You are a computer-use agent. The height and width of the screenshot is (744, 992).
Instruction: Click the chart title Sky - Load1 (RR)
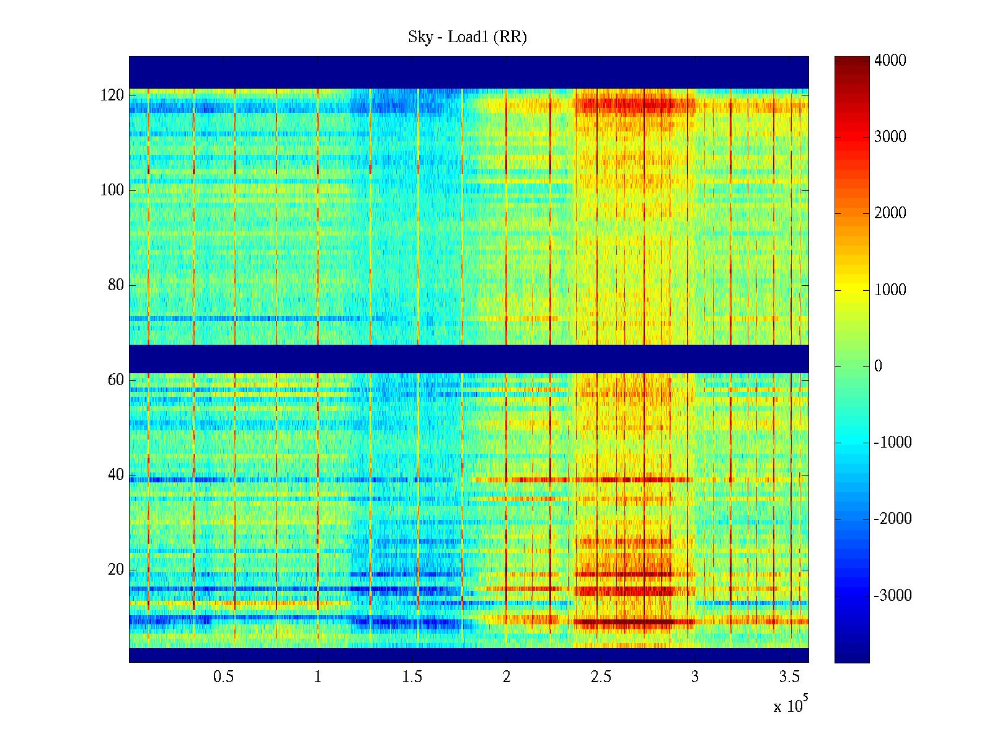(x=467, y=37)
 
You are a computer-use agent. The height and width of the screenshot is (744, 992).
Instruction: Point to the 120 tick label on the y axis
(x=112, y=95)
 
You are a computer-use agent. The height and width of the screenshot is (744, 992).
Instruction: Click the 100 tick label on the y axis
(x=112, y=190)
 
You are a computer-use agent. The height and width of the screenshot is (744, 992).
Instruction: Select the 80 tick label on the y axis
(x=116, y=285)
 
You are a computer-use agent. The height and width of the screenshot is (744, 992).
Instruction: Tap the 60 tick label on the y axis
(x=116, y=380)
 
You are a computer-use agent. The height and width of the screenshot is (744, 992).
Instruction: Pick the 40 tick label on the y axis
(x=116, y=475)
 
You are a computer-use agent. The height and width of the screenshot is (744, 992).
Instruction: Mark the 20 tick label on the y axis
(x=116, y=570)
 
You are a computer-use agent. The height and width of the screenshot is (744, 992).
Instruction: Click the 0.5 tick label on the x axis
(x=223, y=676)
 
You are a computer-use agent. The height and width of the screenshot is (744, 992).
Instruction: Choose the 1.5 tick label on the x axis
(x=412, y=676)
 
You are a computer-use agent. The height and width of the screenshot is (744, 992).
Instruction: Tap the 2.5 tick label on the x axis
(x=601, y=676)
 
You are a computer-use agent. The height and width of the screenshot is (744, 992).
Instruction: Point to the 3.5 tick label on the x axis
(x=789, y=676)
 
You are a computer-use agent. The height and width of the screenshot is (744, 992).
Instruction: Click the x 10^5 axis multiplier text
(x=790, y=706)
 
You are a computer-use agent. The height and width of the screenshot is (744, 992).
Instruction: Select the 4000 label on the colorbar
(x=890, y=60)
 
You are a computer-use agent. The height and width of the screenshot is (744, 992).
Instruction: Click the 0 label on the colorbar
(x=878, y=366)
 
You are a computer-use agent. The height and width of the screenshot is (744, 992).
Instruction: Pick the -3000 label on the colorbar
(x=893, y=596)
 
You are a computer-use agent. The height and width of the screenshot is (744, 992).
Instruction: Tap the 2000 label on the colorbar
(x=890, y=213)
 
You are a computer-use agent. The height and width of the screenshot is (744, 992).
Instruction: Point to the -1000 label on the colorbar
(x=893, y=443)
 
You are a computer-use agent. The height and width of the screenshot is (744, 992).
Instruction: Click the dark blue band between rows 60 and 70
(x=469, y=358)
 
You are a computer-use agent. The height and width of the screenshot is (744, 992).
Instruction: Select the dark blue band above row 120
(x=469, y=72)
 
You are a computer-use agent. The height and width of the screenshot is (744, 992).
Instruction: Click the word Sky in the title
(x=420, y=37)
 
